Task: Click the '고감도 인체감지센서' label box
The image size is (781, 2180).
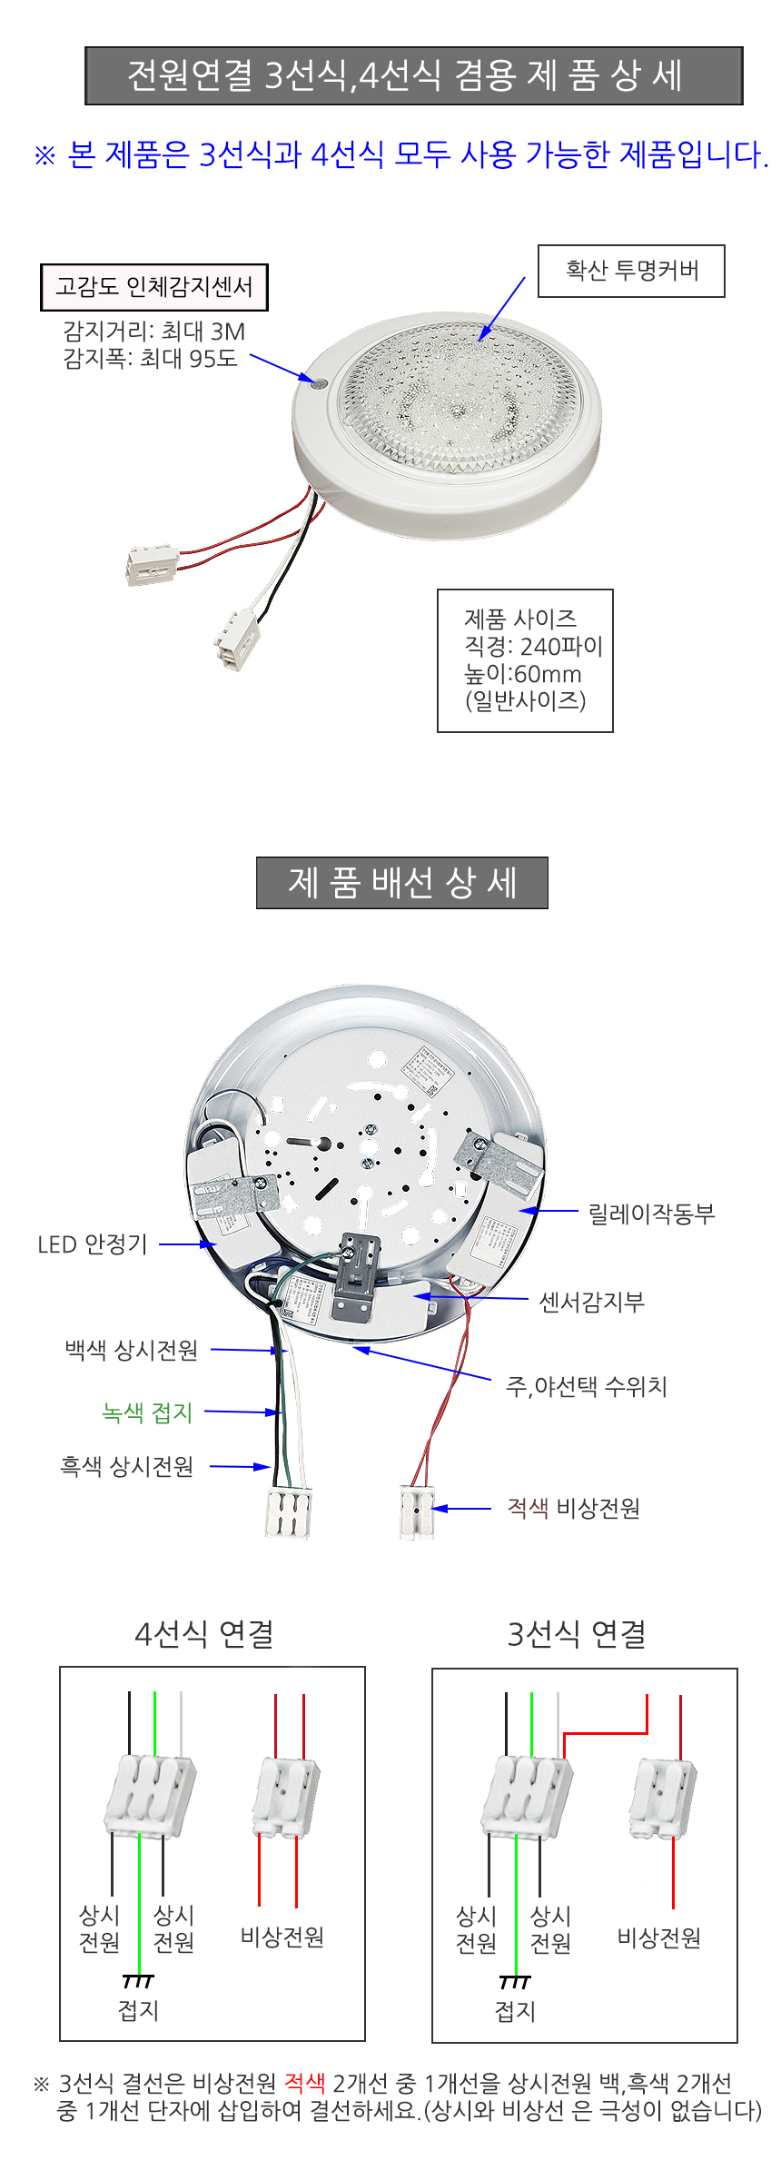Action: click(154, 287)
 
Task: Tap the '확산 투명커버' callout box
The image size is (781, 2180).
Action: click(631, 271)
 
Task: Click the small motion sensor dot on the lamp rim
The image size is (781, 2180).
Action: click(318, 383)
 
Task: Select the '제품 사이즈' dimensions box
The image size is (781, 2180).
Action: click(525, 660)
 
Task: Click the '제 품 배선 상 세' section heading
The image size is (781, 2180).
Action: click(402, 882)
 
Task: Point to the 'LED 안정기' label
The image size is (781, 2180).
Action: click(93, 1244)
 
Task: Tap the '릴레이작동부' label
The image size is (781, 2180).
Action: click(651, 1213)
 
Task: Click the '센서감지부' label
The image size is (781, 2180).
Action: click(591, 1302)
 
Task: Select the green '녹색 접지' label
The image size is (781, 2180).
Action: click(147, 1412)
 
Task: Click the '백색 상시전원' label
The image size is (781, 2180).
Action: click(132, 1351)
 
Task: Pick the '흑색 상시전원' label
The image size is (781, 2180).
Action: click(127, 1467)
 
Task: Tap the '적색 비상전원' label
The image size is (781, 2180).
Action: click(573, 1509)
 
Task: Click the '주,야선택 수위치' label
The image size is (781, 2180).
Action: click(587, 1386)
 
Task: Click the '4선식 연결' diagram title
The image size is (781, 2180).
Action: click(204, 1634)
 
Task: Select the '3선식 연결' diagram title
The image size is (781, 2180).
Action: click(577, 1634)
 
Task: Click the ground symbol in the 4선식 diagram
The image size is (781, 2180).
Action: click(138, 1981)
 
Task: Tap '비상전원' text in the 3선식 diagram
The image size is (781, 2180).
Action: click(659, 1939)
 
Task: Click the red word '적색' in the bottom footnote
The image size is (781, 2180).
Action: click(304, 2083)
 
